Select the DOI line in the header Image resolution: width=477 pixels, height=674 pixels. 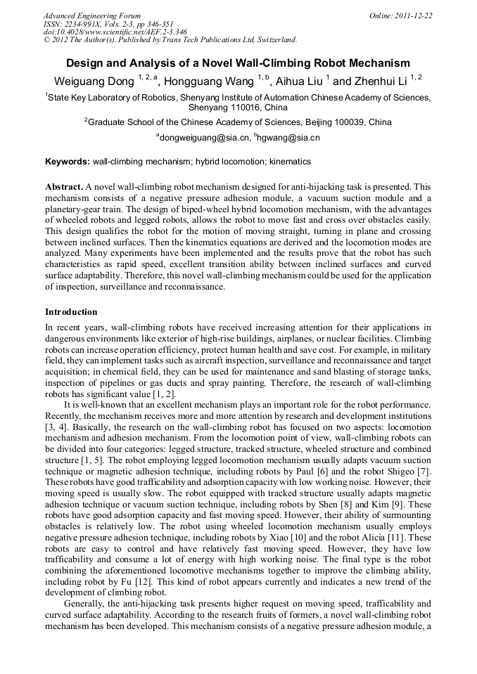pyautogui.click(x=115, y=32)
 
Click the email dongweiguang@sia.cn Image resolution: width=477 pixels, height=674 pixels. pyautogui.click(x=204, y=138)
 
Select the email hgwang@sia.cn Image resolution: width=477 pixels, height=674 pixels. pyautogui.click(x=289, y=138)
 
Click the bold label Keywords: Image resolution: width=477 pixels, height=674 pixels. pyautogui.click(x=68, y=162)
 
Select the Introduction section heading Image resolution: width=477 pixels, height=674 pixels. pyautogui.click(x=71, y=311)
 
